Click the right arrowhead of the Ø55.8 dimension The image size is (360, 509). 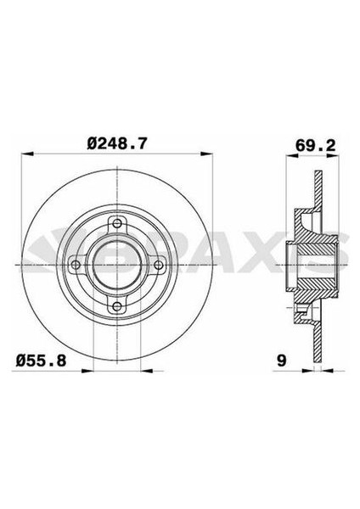[x=138, y=371]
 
